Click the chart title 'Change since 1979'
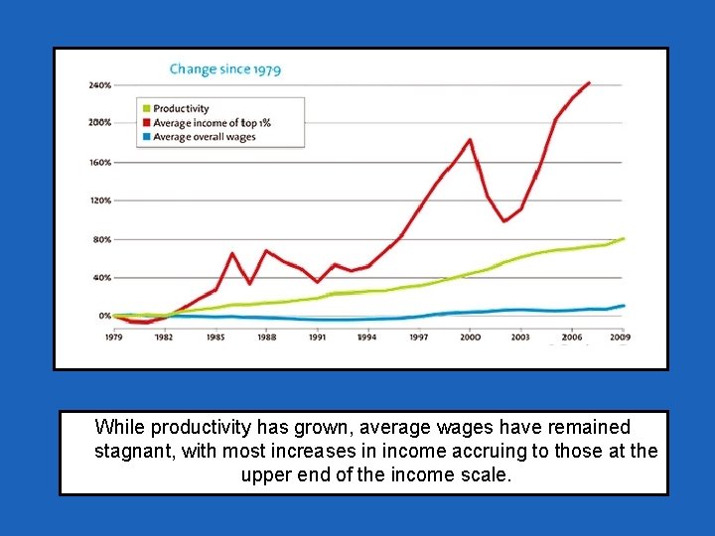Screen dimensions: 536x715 click(224, 69)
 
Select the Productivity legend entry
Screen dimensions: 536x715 click(181, 109)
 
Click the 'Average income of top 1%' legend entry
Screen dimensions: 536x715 click(212, 123)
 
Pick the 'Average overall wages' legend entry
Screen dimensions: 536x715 click(204, 137)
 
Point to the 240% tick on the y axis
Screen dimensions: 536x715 click(99, 85)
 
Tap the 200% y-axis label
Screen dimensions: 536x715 click(99, 123)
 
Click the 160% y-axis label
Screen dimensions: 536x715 click(99, 162)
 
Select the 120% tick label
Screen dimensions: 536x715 click(99, 201)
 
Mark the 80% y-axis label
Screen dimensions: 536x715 click(101, 239)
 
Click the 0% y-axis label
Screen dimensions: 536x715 click(104, 316)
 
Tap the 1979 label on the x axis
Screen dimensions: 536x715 click(113, 337)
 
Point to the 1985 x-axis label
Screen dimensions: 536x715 click(215, 337)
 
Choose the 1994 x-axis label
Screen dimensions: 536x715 click(367, 337)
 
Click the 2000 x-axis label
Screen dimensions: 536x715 click(470, 337)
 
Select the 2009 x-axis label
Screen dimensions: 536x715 click(622, 337)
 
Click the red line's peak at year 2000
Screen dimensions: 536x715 click(470, 140)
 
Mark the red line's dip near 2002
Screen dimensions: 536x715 click(504, 220)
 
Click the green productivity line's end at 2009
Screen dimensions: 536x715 click(623, 238)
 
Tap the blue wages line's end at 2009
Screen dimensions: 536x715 click(623, 306)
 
